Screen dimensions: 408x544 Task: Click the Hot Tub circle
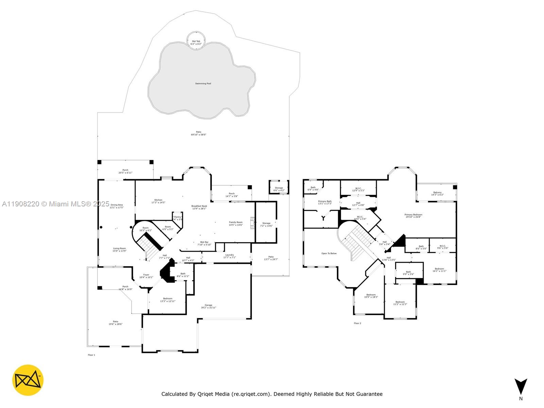pyautogui.click(x=196, y=40)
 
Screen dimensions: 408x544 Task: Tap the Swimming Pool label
pyautogui.click(x=203, y=84)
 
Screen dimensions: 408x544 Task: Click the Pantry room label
pyautogui.click(x=177, y=217)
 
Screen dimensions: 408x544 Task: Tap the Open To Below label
pyautogui.click(x=329, y=253)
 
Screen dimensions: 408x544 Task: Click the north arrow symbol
pyautogui.click(x=521, y=387)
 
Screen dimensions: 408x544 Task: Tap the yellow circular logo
pyautogui.click(x=28, y=380)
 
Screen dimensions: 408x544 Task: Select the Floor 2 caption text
pyautogui.click(x=357, y=323)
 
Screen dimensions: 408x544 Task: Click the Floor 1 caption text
pyautogui.click(x=91, y=355)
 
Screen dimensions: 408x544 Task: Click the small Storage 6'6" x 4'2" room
pyautogui.click(x=279, y=187)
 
